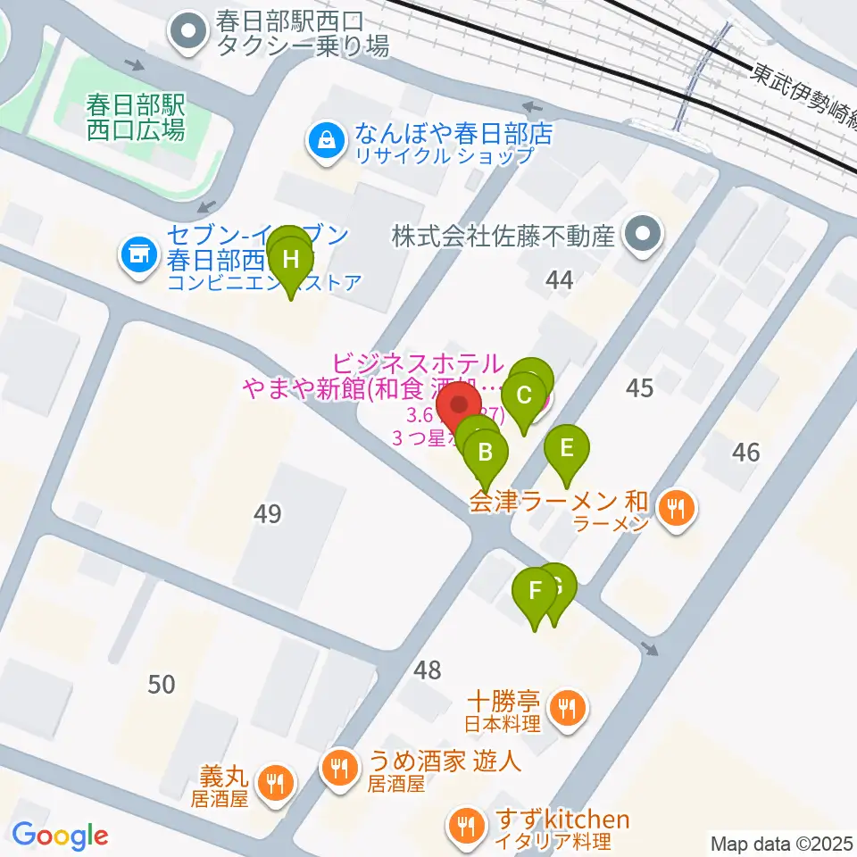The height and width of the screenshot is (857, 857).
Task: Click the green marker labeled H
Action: [291, 262]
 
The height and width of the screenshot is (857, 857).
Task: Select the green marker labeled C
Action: [525, 395]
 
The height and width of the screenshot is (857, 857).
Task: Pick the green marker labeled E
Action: [566, 447]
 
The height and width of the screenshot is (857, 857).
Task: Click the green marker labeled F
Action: [536, 590]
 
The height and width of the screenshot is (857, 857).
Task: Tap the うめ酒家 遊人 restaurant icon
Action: [338, 765]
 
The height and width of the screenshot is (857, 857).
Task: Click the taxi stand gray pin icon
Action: [188, 34]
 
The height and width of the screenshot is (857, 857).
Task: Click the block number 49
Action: [267, 514]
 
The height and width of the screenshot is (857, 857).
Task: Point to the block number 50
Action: [161, 685]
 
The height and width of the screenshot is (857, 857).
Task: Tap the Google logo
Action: [60, 836]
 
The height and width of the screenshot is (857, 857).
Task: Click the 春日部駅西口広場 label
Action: [136, 119]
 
